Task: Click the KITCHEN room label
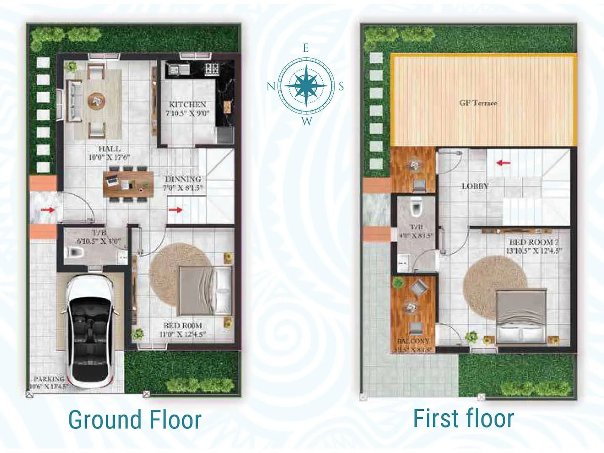pos(187,105)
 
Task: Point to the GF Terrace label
pos(478,103)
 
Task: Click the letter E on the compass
pos(306,48)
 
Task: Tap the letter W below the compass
pos(307,121)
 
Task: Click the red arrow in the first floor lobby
pos(503,163)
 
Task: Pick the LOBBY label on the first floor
pos(475,186)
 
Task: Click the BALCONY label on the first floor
pos(413,341)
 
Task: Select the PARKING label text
pos(49,379)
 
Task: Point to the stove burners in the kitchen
pos(211,69)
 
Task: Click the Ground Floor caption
pos(135,420)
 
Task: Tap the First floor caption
pos(464,418)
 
